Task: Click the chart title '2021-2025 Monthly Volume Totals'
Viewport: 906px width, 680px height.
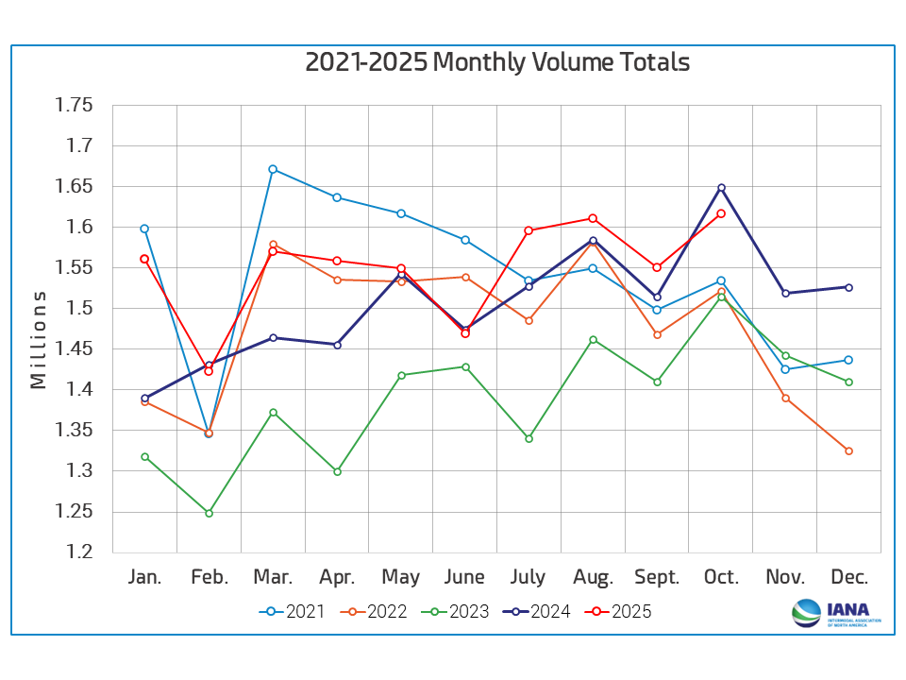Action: point(497,62)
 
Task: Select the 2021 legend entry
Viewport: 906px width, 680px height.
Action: point(292,611)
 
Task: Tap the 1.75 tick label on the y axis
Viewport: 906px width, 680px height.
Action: point(74,105)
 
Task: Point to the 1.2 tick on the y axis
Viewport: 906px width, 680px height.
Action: point(80,552)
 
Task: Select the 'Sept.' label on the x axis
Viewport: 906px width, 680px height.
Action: point(657,577)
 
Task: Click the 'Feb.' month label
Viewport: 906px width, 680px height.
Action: point(209,577)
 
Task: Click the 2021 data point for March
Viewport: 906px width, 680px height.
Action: point(273,169)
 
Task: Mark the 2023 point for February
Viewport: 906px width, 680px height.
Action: point(209,513)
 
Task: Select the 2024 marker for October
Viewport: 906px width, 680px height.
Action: point(721,187)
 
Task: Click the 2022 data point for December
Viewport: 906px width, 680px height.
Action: point(849,450)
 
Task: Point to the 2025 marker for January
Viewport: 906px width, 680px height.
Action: point(144,259)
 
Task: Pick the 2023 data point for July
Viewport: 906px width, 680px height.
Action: point(528,438)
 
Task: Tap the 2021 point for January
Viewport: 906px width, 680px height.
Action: point(144,229)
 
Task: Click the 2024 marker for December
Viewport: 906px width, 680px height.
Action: point(849,287)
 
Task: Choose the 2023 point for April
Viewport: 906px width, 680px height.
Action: point(337,471)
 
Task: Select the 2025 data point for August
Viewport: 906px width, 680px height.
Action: point(593,218)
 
